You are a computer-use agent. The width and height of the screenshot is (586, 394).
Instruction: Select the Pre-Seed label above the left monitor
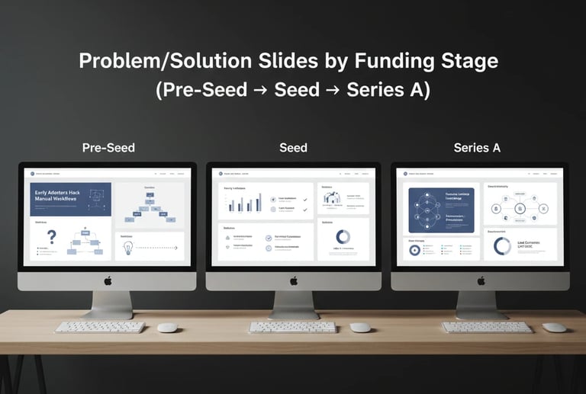pyautogui.click(x=108, y=147)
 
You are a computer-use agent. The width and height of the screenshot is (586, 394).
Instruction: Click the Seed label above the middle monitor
pyautogui.click(x=293, y=147)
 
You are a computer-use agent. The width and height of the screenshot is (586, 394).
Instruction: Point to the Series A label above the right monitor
pyautogui.click(x=477, y=147)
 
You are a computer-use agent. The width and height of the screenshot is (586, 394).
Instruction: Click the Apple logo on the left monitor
pyautogui.click(x=108, y=280)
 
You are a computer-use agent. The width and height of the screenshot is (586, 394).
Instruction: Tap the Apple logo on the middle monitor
pyautogui.click(x=293, y=280)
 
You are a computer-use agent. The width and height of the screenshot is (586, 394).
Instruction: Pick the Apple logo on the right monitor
pyautogui.click(x=480, y=280)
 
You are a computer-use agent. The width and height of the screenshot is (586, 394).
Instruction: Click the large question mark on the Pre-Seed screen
pyautogui.click(x=52, y=238)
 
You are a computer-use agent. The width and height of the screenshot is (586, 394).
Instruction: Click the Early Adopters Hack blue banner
pyautogui.click(x=70, y=200)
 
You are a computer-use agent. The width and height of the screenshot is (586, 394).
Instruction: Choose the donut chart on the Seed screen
pyautogui.click(x=343, y=237)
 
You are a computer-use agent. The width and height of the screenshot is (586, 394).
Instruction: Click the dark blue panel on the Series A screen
pyautogui.click(x=442, y=210)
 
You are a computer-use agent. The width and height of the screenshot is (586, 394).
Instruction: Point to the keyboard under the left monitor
pyautogui.click(x=101, y=327)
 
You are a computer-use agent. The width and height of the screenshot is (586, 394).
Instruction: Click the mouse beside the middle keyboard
pyautogui.click(x=360, y=327)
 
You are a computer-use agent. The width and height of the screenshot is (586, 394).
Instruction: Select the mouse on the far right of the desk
pyautogui.click(x=554, y=327)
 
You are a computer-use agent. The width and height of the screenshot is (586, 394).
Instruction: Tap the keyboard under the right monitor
pyautogui.click(x=487, y=327)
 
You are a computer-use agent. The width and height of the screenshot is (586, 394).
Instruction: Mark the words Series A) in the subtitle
pyautogui.click(x=388, y=90)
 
